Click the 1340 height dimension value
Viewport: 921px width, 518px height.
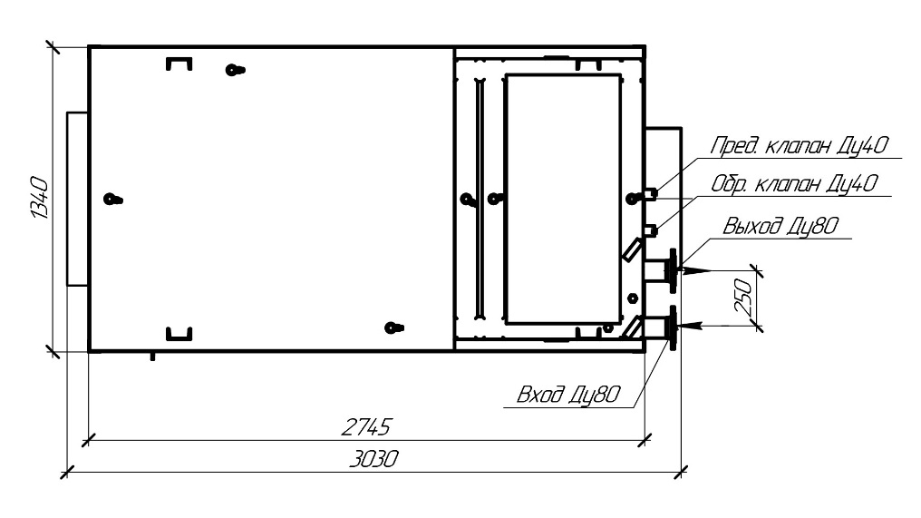tap(39, 198)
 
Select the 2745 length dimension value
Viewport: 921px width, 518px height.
tap(365, 427)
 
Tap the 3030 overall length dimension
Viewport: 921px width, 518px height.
tap(373, 459)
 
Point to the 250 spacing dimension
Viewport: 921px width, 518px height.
tap(743, 297)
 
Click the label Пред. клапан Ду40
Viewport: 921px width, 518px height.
tap(800, 145)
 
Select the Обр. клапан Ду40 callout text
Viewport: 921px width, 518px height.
tap(794, 184)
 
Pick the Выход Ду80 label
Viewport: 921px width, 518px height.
tap(780, 226)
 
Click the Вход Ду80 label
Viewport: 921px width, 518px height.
tap(568, 394)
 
